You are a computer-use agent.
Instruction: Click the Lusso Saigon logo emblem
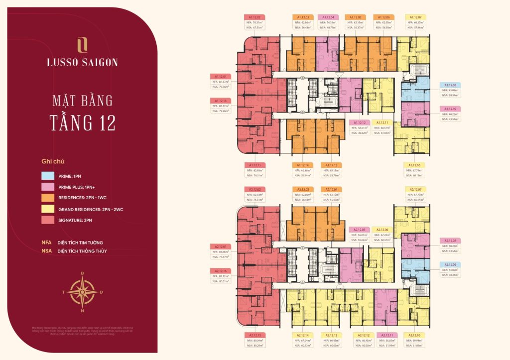tap(83, 45)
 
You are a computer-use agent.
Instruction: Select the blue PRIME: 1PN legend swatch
tap(48, 176)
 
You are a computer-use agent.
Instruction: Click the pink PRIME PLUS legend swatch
tap(48, 187)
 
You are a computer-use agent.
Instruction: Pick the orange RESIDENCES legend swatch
tap(48, 199)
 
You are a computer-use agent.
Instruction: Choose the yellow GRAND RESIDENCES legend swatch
tap(48, 210)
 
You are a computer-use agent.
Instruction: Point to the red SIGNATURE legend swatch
tap(48, 222)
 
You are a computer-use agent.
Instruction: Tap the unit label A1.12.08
tap(450, 85)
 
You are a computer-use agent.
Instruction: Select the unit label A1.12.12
tap(361, 122)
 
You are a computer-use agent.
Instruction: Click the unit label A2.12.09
tap(450, 264)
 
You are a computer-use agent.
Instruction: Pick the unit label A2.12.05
tap(361, 230)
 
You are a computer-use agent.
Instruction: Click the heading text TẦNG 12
tap(83, 121)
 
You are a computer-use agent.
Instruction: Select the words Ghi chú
tap(53, 161)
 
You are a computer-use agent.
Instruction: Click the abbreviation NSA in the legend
tap(47, 251)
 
